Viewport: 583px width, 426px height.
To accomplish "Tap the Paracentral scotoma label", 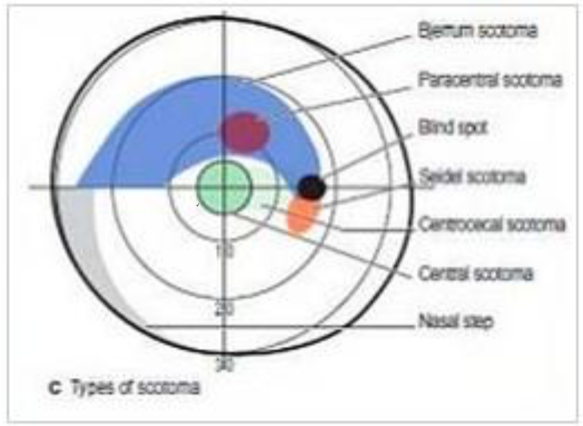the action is pos(490,80).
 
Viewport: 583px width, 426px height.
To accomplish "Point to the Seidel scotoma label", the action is pos(472,177).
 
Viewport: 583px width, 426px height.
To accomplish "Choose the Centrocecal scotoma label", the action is pos(492,225).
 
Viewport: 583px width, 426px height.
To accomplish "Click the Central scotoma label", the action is pos(475,274).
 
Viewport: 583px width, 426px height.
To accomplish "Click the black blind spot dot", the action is pos(311,187).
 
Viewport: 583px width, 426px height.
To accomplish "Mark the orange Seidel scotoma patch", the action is pos(302,215).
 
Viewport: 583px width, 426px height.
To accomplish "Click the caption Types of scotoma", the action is pos(135,387).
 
